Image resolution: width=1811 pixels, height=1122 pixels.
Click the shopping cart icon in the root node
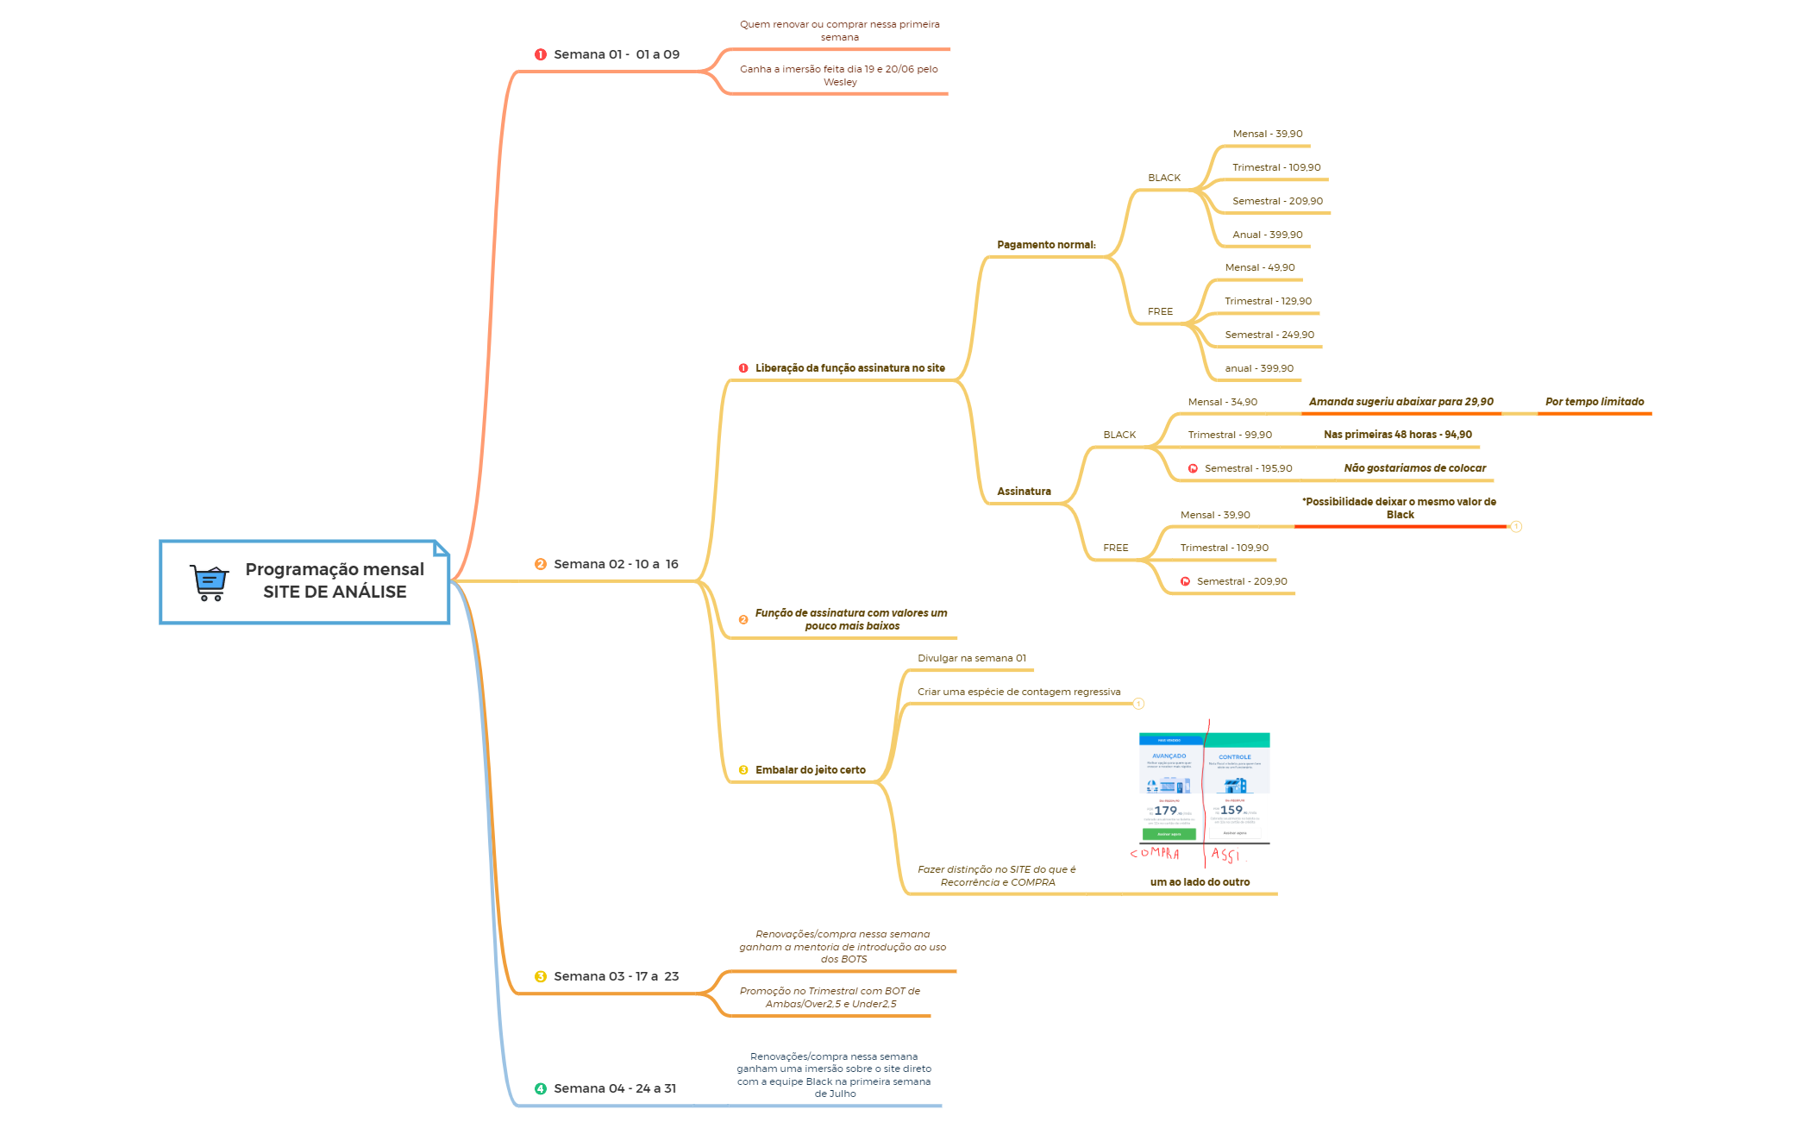point(210,582)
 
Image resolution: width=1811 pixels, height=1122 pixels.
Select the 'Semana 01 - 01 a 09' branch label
point(616,54)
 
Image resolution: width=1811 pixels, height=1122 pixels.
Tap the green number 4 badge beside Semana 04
point(541,1088)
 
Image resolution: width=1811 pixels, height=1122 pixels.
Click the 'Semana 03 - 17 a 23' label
point(616,976)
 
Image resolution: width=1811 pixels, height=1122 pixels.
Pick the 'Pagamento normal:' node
point(1046,245)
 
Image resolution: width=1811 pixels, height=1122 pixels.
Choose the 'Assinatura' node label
point(1024,492)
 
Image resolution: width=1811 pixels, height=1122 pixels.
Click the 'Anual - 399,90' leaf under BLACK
point(1267,235)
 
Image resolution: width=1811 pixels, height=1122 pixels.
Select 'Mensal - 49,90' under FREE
point(1259,267)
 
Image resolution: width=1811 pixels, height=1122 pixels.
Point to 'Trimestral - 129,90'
point(1268,301)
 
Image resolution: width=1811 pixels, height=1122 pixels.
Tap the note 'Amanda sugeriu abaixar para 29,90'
point(1401,402)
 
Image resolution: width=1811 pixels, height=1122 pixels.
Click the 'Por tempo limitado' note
point(1595,402)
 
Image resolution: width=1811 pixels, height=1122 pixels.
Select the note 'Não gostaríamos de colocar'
point(1414,468)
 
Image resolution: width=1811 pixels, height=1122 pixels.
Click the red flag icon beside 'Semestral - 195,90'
point(1193,468)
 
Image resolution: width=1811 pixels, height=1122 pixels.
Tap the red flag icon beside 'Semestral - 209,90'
point(1185,581)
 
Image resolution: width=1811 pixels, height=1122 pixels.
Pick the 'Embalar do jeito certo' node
point(810,770)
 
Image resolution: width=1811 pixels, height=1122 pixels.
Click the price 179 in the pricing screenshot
point(1165,811)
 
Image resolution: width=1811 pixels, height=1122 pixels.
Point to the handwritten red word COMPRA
point(1155,853)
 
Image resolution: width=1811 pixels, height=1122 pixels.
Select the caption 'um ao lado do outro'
point(1200,882)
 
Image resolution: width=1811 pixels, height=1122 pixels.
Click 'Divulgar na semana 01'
point(972,658)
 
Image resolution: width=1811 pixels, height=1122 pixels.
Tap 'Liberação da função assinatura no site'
point(849,368)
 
